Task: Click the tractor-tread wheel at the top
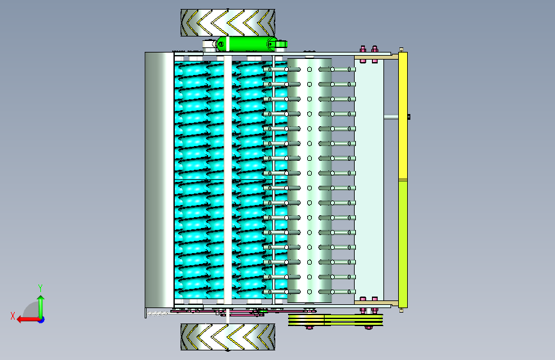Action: coord(228,22)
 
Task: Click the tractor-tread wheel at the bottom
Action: coord(228,337)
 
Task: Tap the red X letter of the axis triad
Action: coord(13,316)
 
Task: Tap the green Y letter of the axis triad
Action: coord(40,288)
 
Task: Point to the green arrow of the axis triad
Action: coord(41,307)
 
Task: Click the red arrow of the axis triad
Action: coord(28,320)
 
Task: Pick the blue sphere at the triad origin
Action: coord(42,320)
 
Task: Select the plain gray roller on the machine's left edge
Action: coord(159,180)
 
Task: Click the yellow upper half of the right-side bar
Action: coord(403,116)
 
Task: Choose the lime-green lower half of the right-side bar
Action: coord(403,244)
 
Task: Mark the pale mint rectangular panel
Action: coord(369,180)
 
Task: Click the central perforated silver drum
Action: coord(309,180)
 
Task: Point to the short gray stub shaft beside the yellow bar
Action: coord(391,117)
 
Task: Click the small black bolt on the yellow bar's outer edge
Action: coord(409,117)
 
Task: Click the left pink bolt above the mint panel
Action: coord(363,54)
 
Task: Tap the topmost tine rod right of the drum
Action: coord(337,69)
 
